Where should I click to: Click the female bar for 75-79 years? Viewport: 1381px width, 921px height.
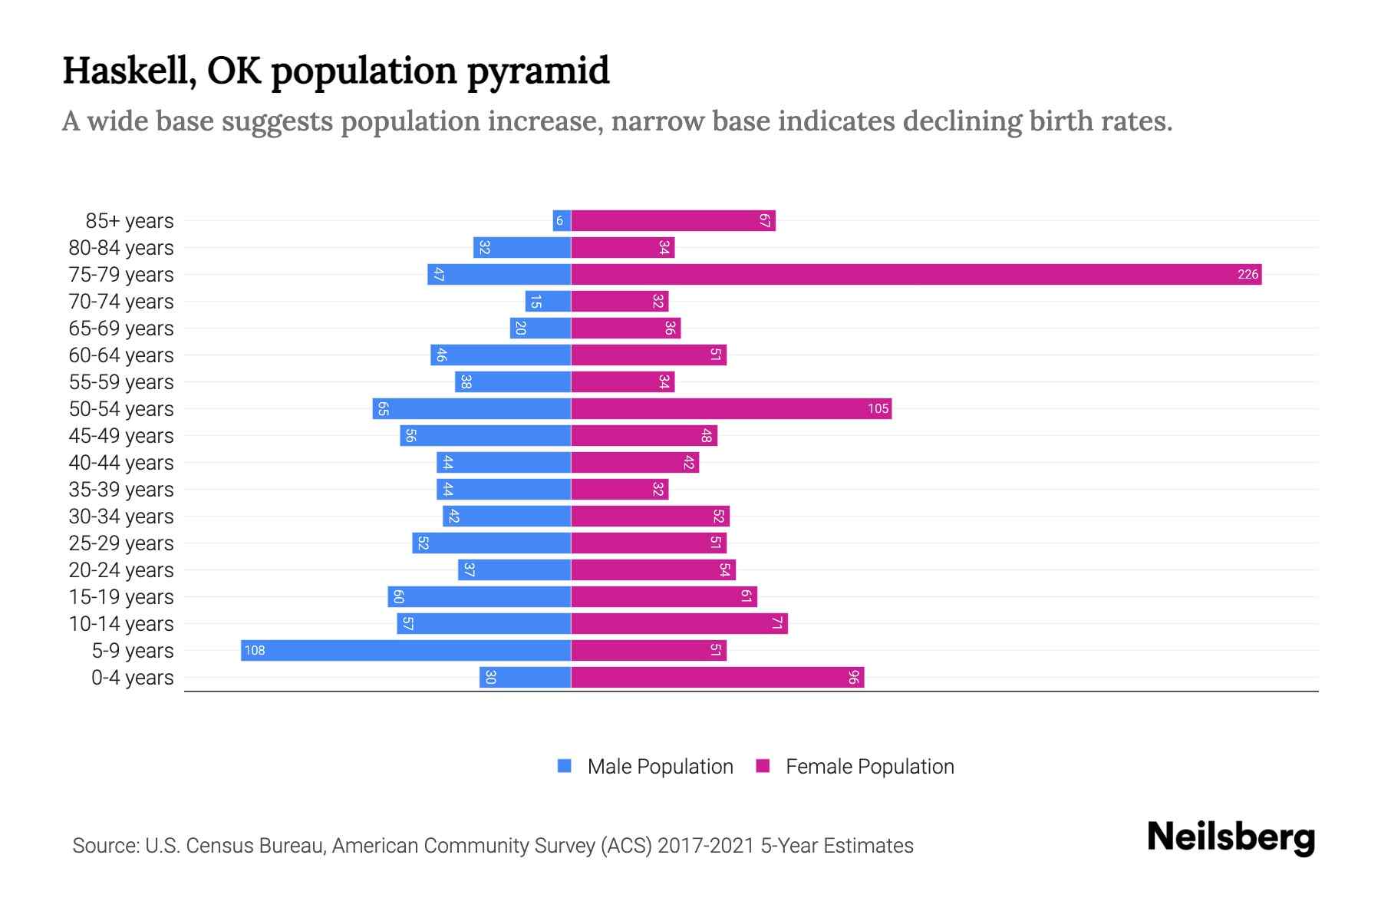click(916, 274)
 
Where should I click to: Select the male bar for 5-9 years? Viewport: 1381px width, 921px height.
click(406, 650)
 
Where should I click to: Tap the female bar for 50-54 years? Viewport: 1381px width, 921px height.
click(731, 408)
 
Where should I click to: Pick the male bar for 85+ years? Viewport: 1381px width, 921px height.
click(562, 220)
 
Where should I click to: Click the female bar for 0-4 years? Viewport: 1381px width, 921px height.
click(717, 677)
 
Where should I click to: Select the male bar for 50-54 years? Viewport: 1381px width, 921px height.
click(472, 408)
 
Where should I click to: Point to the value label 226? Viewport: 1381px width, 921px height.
click(1248, 274)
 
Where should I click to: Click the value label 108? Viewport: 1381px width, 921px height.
click(255, 650)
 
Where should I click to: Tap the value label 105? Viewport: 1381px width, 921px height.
click(878, 408)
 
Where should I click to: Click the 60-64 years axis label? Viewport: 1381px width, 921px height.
click(121, 355)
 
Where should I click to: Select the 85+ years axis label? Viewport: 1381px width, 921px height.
click(130, 221)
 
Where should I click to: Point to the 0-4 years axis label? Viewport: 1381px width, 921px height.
click(132, 678)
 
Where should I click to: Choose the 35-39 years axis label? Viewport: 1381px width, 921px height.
click(121, 490)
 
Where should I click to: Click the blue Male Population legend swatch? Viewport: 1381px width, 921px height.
click(565, 766)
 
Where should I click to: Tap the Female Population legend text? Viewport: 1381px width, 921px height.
click(869, 766)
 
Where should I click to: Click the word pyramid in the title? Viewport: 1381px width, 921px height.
click(538, 71)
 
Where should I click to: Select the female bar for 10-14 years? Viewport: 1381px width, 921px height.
click(679, 623)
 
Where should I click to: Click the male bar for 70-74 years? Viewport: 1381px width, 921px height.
click(548, 301)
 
